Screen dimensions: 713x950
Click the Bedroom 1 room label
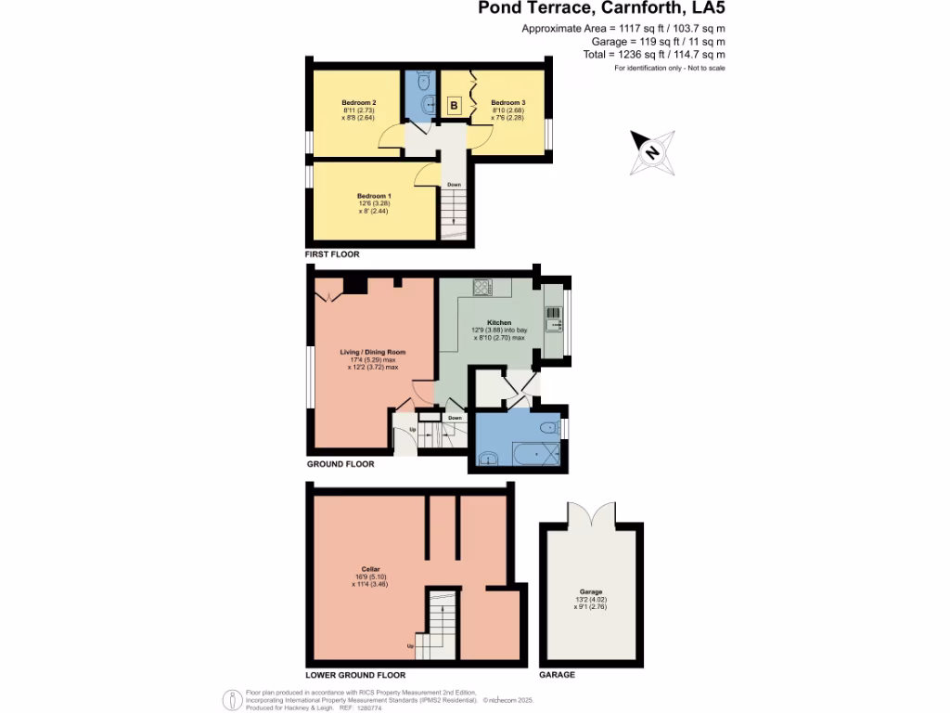(375, 196)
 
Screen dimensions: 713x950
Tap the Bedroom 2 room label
(358, 102)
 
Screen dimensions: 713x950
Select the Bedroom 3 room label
(508, 102)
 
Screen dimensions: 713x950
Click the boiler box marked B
(455, 106)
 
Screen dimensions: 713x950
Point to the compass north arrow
(650, 152)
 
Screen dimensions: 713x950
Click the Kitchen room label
(499, 322)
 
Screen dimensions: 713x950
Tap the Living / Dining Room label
(373, 353)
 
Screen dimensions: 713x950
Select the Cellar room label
(371, 569)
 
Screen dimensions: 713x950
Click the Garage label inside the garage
(591, 592)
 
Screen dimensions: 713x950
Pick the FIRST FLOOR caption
(331, 253)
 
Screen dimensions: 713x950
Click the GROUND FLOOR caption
(340, 463)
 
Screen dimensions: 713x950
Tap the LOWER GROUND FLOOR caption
(355, 675)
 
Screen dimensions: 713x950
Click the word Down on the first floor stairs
(454, 184)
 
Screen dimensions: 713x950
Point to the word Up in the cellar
(411, 646)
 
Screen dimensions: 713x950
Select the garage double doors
(591, 512)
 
